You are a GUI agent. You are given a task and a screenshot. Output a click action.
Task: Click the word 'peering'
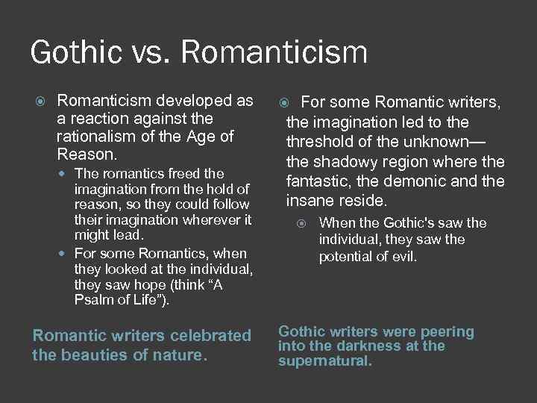click(x=446, y=332)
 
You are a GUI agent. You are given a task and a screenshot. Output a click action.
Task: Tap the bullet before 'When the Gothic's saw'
click(x=301, y=223)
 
